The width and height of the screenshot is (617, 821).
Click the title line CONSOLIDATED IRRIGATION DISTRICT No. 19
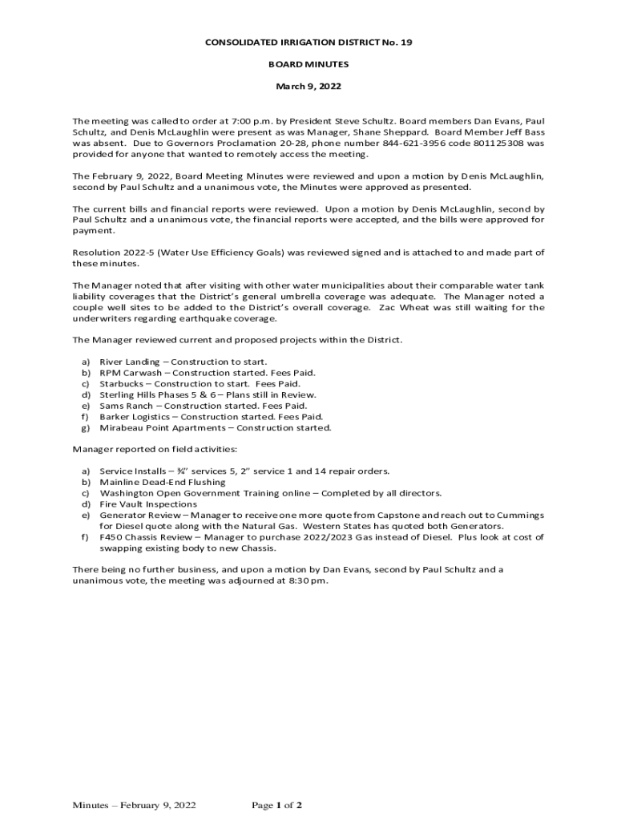pyautogui.click(x=308, y=41)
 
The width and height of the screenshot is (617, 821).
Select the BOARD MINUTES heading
pyautogui.click(x=308, y=63)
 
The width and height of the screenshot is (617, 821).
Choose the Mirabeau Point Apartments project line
pyautogui.click(x=214, y=428)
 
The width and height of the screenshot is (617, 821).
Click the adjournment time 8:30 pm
pyautogui.click(x=308, y=580)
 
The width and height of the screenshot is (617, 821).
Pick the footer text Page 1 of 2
pyautogui.click(x=276, y=805)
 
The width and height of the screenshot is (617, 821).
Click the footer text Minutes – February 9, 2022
pyautogui.click(x=134, y=805)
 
